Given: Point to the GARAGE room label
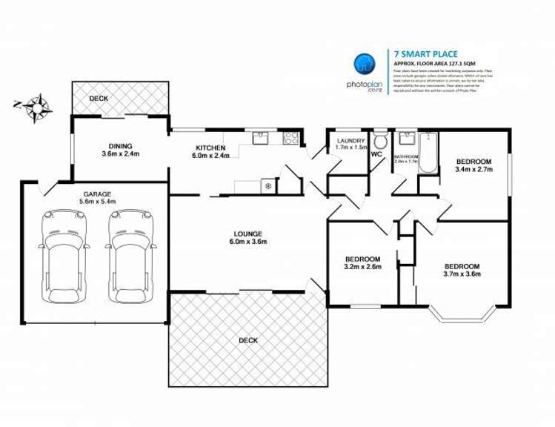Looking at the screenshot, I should (x=96, y=193).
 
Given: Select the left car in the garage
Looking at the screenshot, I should (x=61, y=256).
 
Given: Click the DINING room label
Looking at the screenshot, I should (x=120, y=147).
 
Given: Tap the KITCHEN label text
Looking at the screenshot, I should (x=210, y=148).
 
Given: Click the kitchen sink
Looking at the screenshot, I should (x=260, y=137).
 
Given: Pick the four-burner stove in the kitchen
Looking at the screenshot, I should (x=290, y=137).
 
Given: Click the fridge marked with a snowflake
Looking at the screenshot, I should (x=267, y=186).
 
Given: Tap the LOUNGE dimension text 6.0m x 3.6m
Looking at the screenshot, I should (x=247, y=242).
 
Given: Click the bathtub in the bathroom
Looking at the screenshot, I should (x=428, y=152).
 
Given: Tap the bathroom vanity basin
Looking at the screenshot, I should (x=405, y=138).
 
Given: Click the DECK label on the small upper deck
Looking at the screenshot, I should (x=99, y=98).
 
